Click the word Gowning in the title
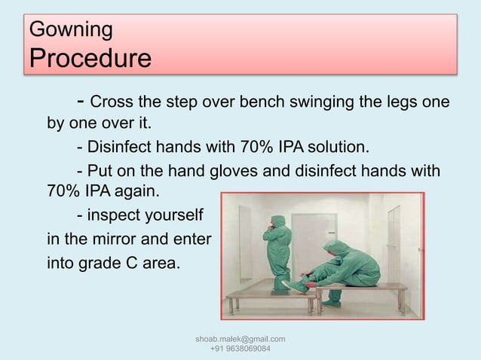70,30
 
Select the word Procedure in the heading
89,58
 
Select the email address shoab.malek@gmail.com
240,340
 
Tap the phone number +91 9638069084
240,350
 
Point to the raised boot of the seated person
298,285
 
